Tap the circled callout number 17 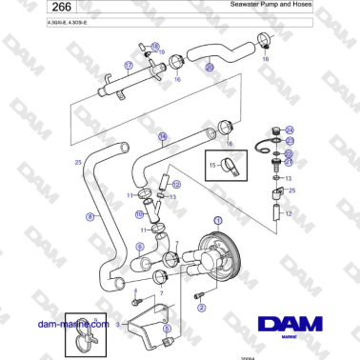128,66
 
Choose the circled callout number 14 163,136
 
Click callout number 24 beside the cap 290,130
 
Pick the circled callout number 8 90,216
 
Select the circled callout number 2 199,308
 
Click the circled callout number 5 168,330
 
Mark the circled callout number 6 139,245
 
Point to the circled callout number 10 139,214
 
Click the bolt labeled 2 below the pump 202,292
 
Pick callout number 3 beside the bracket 119,324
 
